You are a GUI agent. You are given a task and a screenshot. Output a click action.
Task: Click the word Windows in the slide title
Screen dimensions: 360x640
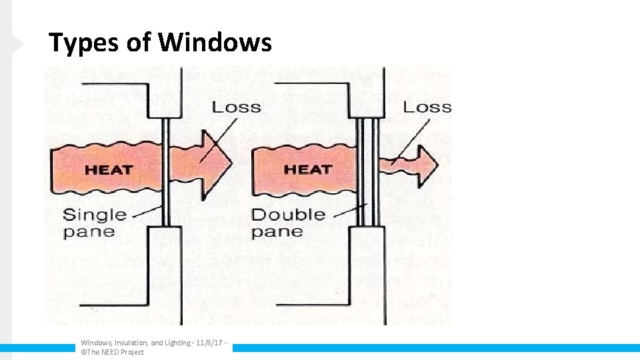[x=215, y=43]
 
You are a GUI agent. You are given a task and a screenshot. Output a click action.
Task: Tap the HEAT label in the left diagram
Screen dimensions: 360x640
[x=108, y=169]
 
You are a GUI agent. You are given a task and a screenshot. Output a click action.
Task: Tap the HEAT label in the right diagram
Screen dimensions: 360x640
[x=307, y=169]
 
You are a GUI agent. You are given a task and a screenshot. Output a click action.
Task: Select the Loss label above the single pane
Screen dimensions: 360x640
[x=236, y=107]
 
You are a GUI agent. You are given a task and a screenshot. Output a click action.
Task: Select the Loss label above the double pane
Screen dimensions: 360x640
[x=427, y=107]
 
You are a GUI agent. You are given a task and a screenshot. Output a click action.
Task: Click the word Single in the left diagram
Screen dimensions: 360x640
[x=94, y=215]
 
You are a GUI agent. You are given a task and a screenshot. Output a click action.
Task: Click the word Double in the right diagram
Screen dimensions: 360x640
[x=288, y=215]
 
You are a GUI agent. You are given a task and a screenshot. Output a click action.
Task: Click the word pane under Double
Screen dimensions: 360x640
[x=277, y=232]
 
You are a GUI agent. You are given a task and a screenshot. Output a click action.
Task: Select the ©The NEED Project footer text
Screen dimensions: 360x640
[x=112, y=352]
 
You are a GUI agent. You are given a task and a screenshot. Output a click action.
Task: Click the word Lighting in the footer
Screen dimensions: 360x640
[x=177, y=343]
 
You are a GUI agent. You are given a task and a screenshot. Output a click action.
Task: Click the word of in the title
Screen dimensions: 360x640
[x=139, y=43]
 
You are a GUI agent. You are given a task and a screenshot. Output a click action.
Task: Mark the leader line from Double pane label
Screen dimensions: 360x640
[x=345, y=211]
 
